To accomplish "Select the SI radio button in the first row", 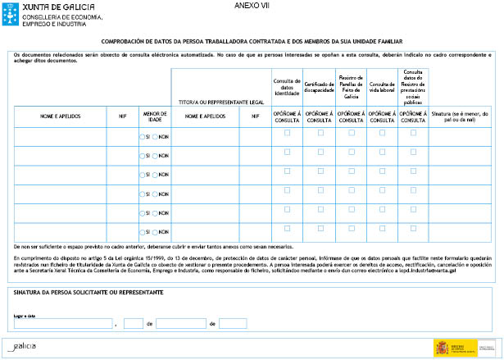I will coord(143,136).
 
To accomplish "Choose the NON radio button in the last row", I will coord(156,232).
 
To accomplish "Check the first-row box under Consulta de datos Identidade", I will coord(287,132).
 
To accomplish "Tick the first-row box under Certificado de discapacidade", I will coord(320,132).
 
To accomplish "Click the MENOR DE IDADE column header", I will coord(154,116).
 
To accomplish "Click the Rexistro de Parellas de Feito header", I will coord(352,85).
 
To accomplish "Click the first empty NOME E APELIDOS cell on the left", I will coord(60,136).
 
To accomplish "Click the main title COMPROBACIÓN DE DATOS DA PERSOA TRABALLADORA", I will coord(251,40).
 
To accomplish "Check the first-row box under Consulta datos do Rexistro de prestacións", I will coord(413,132).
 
